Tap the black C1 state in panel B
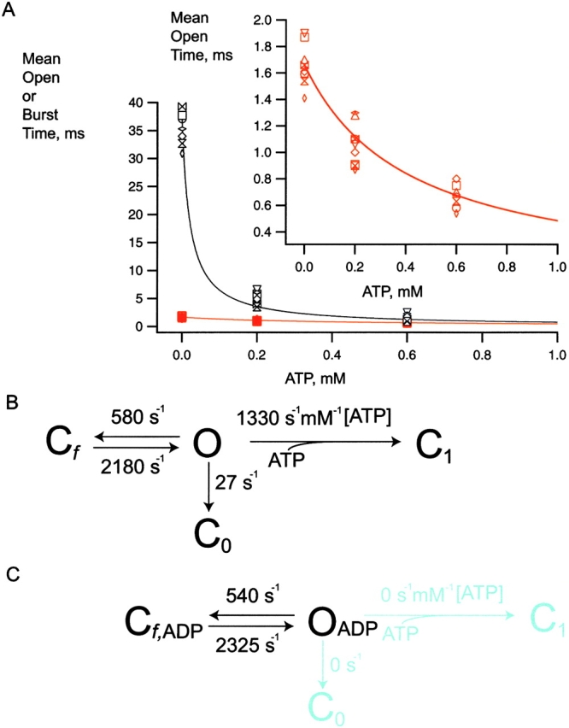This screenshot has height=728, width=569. click(437, 443)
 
